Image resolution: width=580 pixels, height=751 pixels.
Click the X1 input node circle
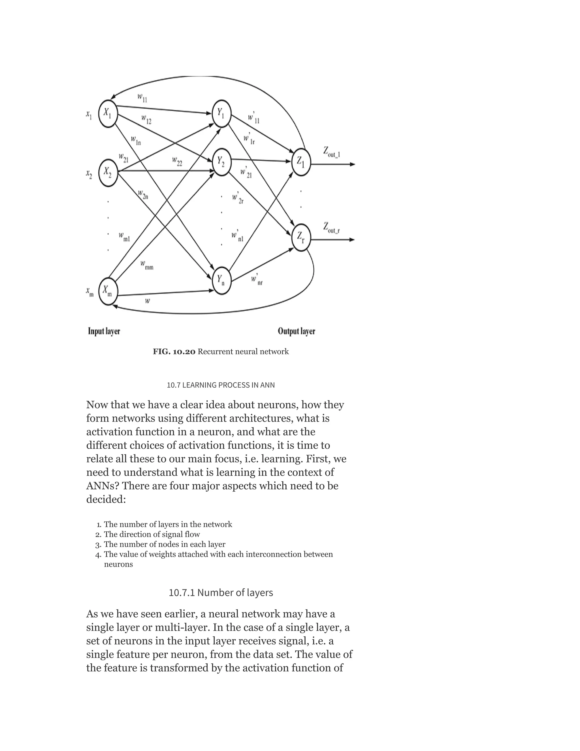coord(108,113)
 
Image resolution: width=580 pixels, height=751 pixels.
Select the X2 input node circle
coord(108,173)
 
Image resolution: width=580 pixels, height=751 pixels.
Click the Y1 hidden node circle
coord(221,113)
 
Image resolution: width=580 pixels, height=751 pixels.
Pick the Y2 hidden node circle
coord(221,162)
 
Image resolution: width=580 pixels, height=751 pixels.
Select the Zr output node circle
coord(301,237)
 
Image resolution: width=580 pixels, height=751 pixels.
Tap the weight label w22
coord(177,161)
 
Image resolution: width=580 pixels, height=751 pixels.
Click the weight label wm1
coord(124,237)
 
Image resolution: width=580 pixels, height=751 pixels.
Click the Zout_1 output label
coord(331,152)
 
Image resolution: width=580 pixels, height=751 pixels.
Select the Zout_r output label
coord(331,228)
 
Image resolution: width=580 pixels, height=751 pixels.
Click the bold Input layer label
coord(104,331)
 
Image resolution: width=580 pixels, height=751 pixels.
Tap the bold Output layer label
coord(296,331)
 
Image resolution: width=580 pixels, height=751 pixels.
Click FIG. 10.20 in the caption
coord(174,352)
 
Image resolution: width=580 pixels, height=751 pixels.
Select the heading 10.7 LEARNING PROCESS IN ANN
coord(221,385)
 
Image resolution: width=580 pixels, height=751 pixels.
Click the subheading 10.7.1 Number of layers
coord(221,593)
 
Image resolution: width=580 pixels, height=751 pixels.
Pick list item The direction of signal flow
coord(152,534)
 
